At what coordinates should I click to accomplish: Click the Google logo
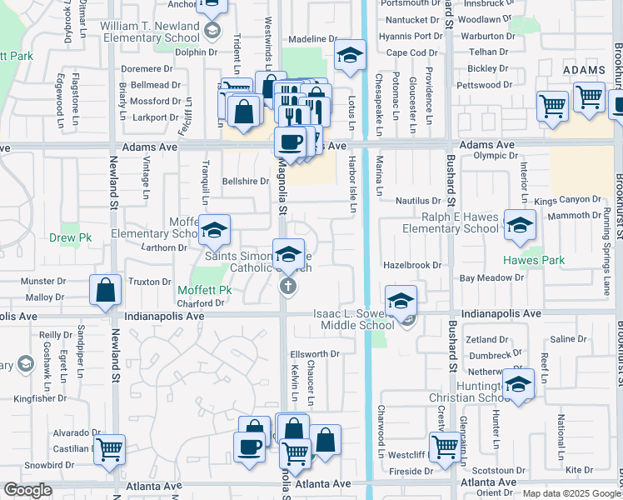pos(27,490)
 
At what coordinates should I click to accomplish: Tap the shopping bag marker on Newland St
pos(107,291)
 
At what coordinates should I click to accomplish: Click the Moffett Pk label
pos(203,291)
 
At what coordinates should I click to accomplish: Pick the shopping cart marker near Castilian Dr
pos(109,449)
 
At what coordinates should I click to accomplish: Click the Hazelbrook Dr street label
pos(412,264)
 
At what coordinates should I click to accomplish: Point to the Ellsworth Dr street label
pos(315,353)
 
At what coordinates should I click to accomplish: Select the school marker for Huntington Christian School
pos(518,383)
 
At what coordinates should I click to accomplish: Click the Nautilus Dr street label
pos(418,201)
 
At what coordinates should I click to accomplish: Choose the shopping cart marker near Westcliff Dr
pos(446,446)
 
